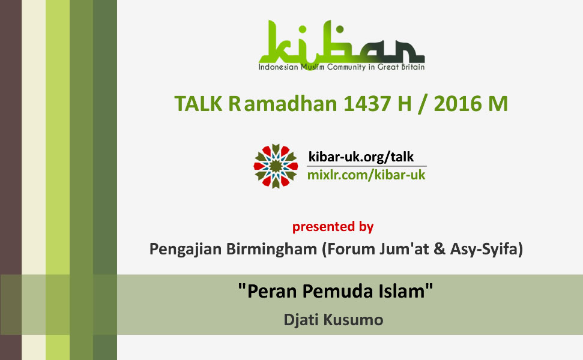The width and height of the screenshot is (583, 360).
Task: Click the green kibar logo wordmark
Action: (x=342, y=41)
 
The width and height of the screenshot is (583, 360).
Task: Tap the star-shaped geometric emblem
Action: (x=276, y=166)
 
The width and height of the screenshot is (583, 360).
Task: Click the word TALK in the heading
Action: (x=199, y=104)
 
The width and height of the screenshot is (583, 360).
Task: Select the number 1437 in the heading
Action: (x=367, y=104)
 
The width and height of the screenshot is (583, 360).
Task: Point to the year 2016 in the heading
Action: (x=458, y=104)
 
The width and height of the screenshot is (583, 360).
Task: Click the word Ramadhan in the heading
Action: (x=283, y=104)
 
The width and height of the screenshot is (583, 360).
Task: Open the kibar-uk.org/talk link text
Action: (x=361, y=157)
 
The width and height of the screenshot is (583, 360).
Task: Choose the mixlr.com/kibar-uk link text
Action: (x=366, y=175)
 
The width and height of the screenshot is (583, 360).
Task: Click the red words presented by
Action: (x=333, y=227)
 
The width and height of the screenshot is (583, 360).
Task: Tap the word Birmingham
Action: (x=271, y=249)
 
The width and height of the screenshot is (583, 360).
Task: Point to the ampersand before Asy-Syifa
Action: (x=440, y=249)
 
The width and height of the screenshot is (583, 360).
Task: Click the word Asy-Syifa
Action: (x=487, y=249)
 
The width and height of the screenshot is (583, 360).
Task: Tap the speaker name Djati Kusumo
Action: (x=333, y=320)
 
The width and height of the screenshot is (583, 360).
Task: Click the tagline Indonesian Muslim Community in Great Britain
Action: (x=342, y=67)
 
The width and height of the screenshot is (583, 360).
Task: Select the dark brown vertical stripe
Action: (x=11, y=180)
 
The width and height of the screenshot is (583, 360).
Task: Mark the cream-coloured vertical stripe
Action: (x=34, y=180)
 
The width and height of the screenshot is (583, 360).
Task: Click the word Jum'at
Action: (x=405, y=249)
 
